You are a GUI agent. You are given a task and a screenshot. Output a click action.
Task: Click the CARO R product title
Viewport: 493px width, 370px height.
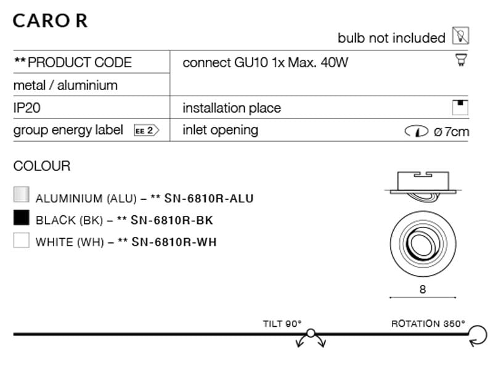click(51, 21)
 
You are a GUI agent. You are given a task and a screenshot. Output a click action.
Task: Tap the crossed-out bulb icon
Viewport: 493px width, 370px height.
click(460, 36)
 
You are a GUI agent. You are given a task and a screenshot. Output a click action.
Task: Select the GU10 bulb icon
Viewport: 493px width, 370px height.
click(461, 60)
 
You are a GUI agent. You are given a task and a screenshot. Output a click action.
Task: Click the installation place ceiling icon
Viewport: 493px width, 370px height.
click(460, 107)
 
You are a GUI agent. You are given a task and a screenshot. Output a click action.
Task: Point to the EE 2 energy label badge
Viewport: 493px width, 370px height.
click(147, 130)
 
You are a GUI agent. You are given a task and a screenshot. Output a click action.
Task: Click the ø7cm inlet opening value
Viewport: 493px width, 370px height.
click(451, 131)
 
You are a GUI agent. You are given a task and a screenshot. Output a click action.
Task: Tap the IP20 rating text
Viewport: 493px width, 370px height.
click(26, 108)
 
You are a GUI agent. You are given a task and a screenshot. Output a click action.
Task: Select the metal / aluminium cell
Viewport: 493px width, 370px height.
click(65, 85)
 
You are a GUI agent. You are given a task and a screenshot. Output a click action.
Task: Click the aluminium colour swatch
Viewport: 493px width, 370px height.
click(22, 194)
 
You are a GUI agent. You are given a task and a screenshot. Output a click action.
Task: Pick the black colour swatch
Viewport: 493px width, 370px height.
click(22, 218)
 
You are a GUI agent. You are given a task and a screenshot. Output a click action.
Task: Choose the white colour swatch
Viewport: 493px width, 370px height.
click(22, 240)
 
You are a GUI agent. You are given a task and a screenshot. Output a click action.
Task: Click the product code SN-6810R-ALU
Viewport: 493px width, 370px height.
click(209, 199)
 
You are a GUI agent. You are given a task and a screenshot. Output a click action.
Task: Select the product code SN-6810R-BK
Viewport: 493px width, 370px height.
click(172, 220)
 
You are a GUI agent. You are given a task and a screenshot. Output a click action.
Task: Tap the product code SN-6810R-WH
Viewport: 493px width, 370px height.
click(174, 242)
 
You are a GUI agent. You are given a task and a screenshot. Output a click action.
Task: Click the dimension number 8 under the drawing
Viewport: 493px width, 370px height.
click(423, 289)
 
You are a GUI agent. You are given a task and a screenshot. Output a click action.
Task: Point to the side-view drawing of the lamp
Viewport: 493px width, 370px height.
click(423, 186)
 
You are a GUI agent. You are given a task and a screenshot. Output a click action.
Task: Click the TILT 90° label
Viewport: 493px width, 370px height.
click(282, 323)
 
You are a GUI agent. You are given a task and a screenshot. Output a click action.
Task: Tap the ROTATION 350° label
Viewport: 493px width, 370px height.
click(428, 323)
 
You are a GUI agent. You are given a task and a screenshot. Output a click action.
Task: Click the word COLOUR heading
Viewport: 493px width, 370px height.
click(42, 166)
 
